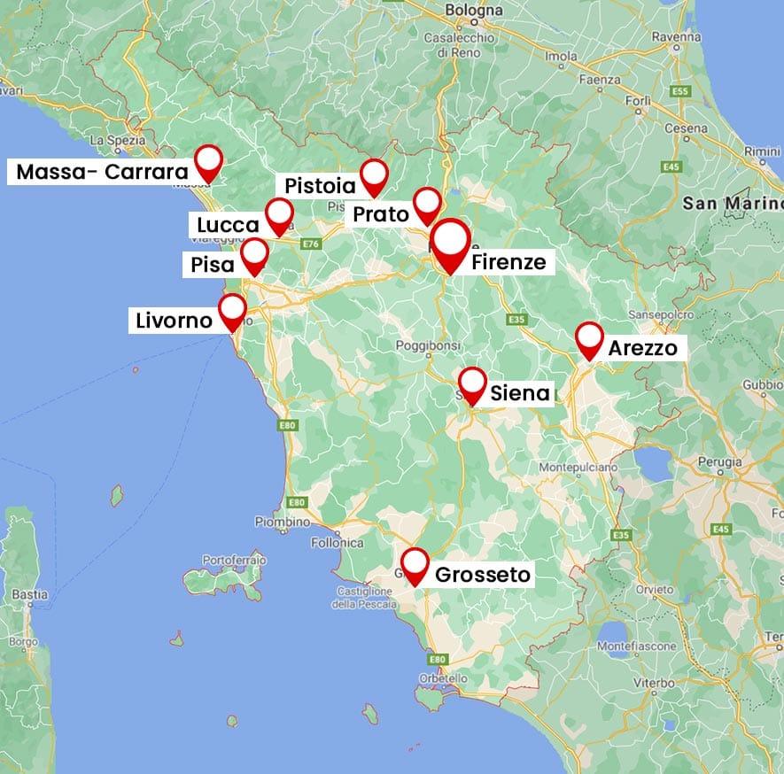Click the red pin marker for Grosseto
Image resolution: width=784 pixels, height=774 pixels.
click(414, 565)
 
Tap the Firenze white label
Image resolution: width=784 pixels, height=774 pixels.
click(508, 262)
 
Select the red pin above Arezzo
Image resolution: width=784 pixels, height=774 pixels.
click(589, 338)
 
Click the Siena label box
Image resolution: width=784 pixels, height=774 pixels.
click(519, 392)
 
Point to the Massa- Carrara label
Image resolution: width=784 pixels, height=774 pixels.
click(103, 172)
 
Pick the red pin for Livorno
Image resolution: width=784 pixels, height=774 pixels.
click(232, 311)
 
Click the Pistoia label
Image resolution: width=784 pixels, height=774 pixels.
click(320, 186)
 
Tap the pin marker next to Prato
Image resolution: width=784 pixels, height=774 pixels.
click(427, 204)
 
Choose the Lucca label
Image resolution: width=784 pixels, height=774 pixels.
click(228, 225)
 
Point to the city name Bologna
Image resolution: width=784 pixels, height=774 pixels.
click(475, 11)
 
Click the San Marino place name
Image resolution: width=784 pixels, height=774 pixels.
click(730, 204)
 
